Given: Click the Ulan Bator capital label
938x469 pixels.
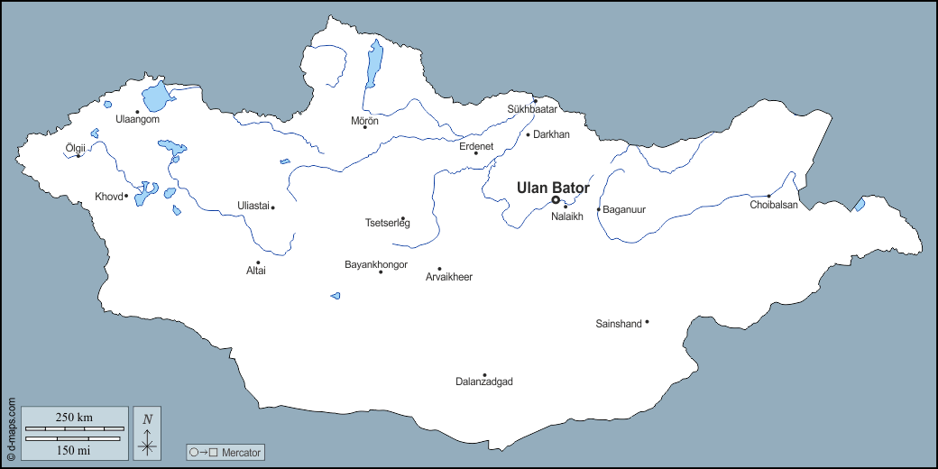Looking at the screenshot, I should point(553,188).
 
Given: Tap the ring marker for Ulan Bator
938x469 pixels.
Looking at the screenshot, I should point(556,200).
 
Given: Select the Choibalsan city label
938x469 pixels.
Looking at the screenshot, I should point(774,205).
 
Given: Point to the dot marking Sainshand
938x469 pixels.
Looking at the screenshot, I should point(647,322).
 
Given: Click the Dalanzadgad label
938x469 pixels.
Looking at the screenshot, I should point(484,382).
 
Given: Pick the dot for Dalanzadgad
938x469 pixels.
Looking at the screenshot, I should point(484,375).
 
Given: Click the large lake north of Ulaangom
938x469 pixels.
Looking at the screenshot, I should point(155,96).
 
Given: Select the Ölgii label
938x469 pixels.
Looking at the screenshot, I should point(77,146).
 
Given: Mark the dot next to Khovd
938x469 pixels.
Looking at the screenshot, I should point(125,197).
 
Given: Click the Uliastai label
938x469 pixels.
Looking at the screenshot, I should point(253,206).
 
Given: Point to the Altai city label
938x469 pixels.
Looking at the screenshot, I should point(256,271).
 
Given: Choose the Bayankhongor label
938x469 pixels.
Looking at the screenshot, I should point(376,264).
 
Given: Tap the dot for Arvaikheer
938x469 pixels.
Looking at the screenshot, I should point(439,269).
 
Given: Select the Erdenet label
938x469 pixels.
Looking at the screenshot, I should point(476,146).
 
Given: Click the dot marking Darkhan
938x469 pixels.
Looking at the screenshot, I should point(529,135).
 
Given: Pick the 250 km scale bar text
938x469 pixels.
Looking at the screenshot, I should point(74,417).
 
